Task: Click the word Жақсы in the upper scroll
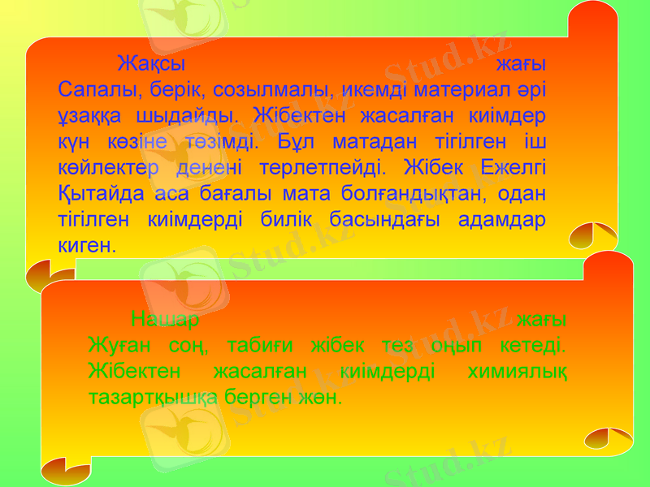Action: (x=152, y=62)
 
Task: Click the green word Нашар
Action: (x=162, y=318)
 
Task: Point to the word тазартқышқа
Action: (x=152, y=399)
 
